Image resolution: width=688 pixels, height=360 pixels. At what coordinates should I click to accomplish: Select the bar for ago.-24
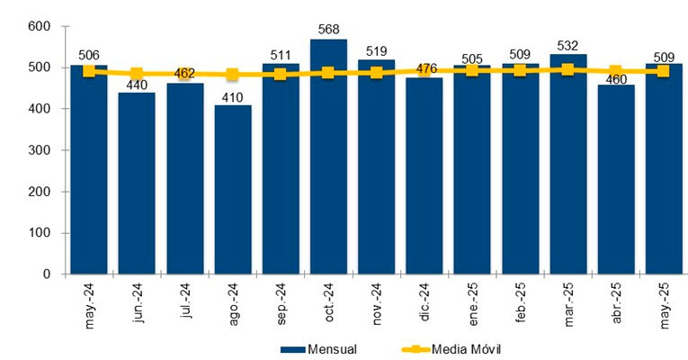point(232,190)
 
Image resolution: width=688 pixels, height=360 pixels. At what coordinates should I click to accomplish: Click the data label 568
point(328,31)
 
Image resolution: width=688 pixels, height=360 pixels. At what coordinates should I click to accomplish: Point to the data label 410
point(232,96)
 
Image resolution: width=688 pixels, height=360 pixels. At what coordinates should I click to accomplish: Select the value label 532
point(567,45)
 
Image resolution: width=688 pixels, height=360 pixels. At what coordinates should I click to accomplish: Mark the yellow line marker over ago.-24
point(232,75)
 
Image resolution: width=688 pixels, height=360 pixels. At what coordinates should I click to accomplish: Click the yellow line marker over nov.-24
point(376,72)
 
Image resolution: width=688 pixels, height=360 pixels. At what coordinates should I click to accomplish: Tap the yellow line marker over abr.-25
point(615,71)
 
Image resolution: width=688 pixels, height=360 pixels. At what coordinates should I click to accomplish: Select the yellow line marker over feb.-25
point(520,70)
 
